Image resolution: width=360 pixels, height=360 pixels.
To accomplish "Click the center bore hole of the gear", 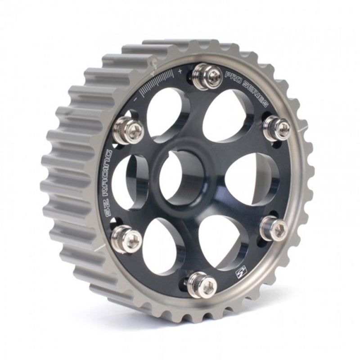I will [181, 178].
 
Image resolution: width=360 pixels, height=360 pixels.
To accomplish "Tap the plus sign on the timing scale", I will [180, 71].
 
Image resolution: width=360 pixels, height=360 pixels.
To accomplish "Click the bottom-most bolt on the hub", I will [200, 283].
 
